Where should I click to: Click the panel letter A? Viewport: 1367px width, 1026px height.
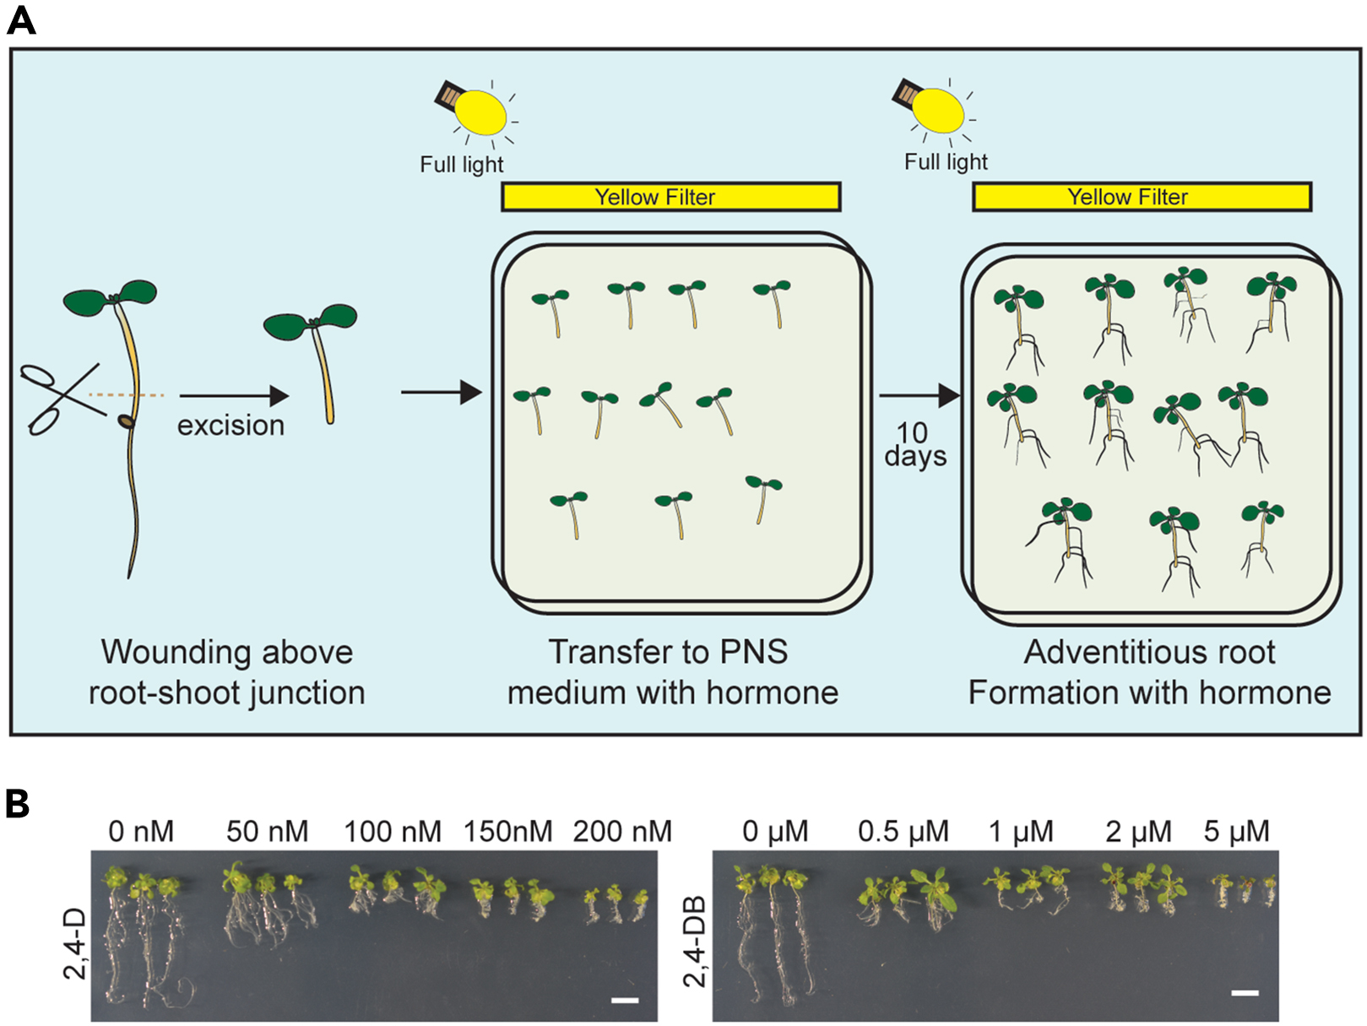pyautogui.click(x=21, y=19)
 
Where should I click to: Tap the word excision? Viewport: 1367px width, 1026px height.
pyautogui.click(x=231, y=425)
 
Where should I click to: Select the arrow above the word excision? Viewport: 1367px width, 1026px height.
pyautogui.click(x=234, y=395)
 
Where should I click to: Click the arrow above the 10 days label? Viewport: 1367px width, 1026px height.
pyautogui.click(x=919, y=394)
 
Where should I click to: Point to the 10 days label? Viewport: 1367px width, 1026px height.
pyautogui.click(x=914, y=445)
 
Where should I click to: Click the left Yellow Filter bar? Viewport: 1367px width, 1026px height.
pyautogui.click(x=670, y=197)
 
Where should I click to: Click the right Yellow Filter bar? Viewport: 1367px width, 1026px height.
pyautogui.click(x=1142, y=197)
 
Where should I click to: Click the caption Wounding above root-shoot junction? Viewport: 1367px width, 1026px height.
pyautogui.click(x=226, y=672)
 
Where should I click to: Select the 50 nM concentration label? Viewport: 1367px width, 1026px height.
pyautogui.click(x=267, y=832)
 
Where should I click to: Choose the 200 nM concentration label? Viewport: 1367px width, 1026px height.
pyautogui.click(x=622, y=832)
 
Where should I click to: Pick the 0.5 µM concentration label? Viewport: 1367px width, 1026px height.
pyautogui.click(x=903, y=832)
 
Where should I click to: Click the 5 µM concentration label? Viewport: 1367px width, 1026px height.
pyautogui.click(x=1236, y=832)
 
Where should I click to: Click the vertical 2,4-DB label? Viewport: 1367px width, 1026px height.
pyautogui.click(x=695, y=942)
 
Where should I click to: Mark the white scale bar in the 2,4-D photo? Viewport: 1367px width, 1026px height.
pyautogui.click(x=625, y=1001)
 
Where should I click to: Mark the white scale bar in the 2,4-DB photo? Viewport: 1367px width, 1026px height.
pyautogui.click(x=1245, y=992)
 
